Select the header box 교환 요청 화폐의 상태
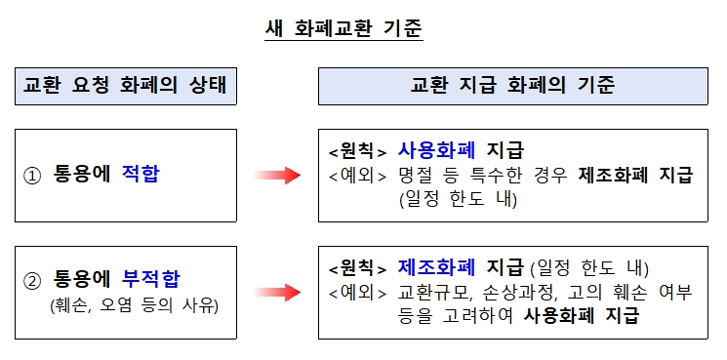coord(126,86)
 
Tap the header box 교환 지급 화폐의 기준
coord(512,86)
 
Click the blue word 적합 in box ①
coord(141,176)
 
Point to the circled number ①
coord(32,177)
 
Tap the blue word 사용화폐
coord(436,151)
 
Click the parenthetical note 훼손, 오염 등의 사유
coord(134,305)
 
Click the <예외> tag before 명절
coord(358,176)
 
